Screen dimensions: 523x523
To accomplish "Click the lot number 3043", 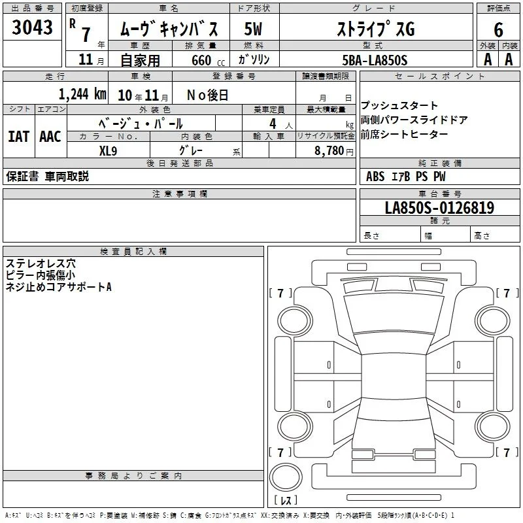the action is pos(32,27).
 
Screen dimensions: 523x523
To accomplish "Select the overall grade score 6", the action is pos(498,29).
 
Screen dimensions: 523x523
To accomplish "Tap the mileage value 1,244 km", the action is pos(82,94).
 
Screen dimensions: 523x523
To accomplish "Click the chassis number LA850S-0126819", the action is pos(439,207).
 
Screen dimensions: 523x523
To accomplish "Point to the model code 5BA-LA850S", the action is pos(375,60).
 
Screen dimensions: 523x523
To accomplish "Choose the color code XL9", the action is pos(108,151).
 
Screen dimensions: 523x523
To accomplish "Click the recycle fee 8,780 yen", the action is pos(334,151).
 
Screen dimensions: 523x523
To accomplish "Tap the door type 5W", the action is pos(253,29).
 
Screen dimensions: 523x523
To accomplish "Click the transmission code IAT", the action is pos(19,137).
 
